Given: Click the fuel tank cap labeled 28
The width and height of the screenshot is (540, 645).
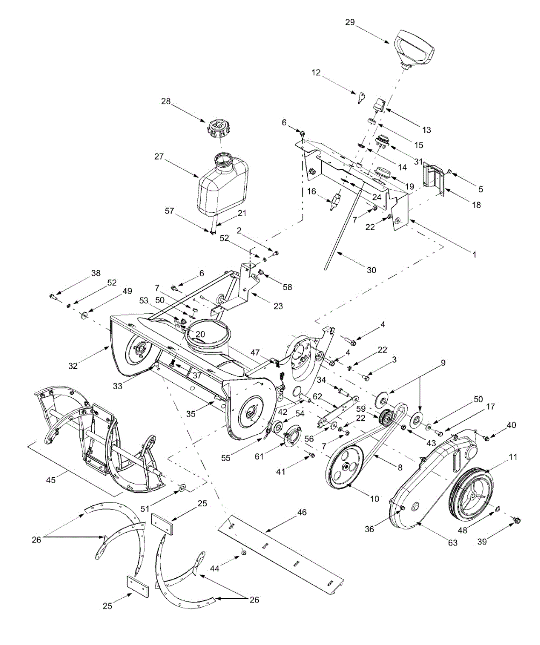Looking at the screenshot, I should [x=220, y=128].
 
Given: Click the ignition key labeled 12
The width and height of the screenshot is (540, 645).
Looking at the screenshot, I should [x=361, y=97].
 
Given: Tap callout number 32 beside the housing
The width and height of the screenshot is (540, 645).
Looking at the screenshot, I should [x=73, y=366].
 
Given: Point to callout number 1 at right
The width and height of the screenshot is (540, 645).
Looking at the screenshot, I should [x=474, y=255].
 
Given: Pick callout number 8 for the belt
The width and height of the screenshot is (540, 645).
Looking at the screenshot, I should [x=400, y=468].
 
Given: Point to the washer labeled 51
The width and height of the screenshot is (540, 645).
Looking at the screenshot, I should [x=183, y=488].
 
